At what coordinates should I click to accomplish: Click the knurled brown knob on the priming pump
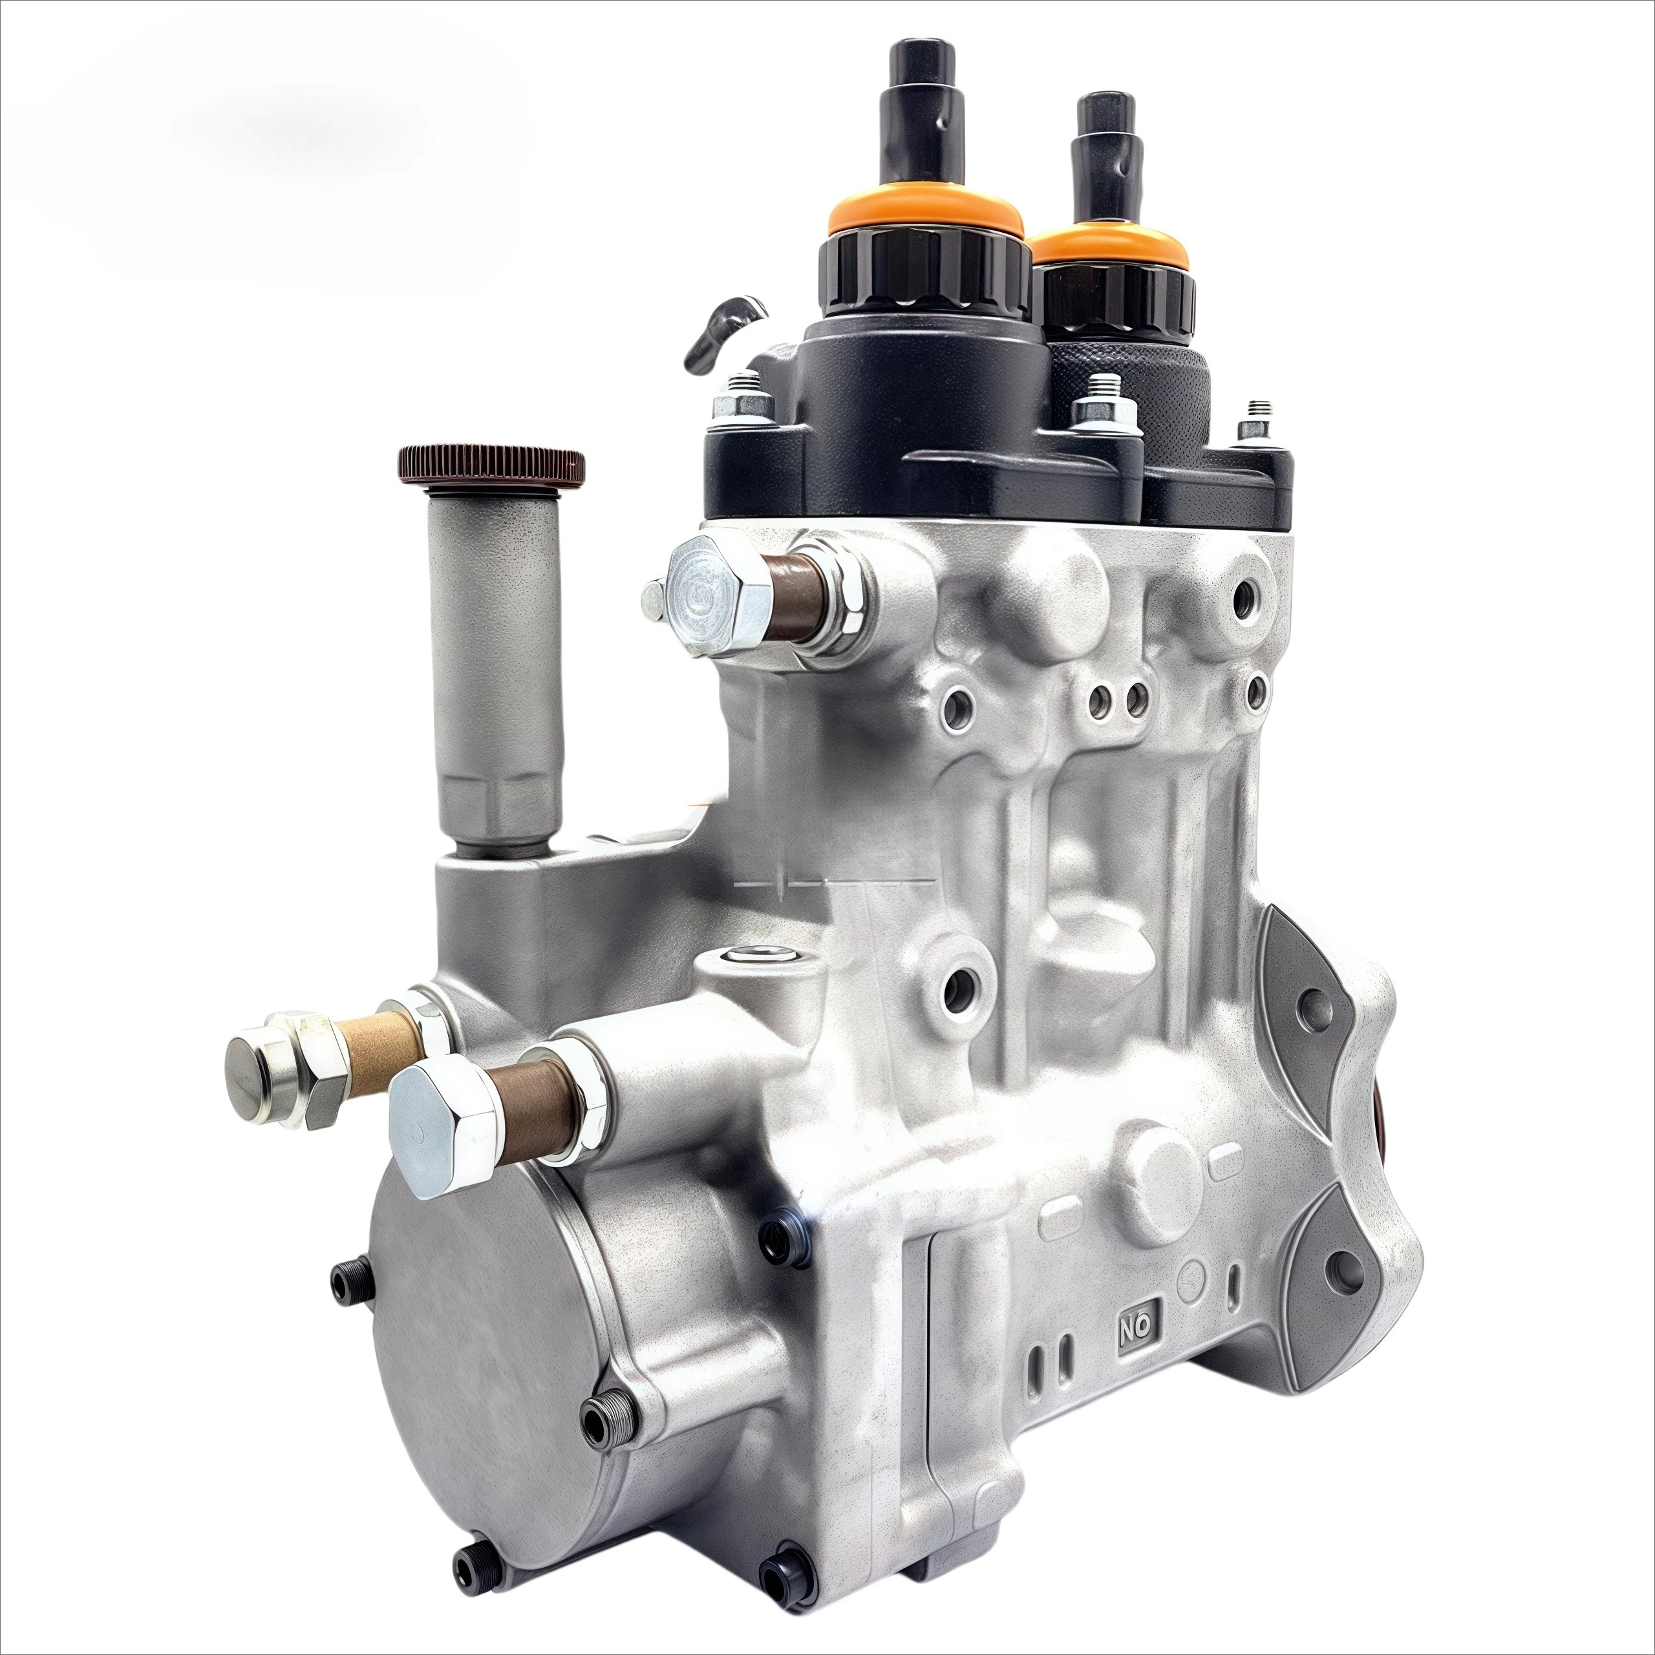[492, 464]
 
